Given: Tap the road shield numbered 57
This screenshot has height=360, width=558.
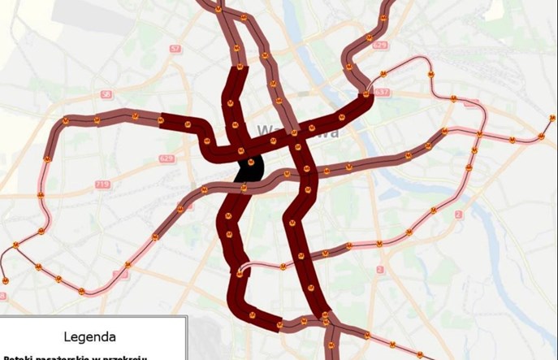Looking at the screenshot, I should point(175,49).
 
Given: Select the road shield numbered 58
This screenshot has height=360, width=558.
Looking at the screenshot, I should point(106,94).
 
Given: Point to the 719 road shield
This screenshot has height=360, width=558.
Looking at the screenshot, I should point(102,184).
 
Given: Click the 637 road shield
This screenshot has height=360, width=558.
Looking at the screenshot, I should point(383,92).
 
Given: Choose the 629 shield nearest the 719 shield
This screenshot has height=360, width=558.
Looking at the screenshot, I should point(167,158).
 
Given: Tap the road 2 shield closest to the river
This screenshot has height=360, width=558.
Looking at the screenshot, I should point(458,214).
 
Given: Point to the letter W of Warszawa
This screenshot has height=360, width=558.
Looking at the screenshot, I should point(264,130).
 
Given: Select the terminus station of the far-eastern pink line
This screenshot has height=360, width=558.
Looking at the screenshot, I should point(552,119).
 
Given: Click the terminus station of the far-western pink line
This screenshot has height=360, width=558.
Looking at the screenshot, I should point(5,280).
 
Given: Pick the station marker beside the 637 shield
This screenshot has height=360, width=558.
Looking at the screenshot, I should point(366,95).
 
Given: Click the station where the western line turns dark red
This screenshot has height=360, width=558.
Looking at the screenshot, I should point(162,122).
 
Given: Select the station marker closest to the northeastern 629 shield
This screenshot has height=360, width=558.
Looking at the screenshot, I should point(370,37).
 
